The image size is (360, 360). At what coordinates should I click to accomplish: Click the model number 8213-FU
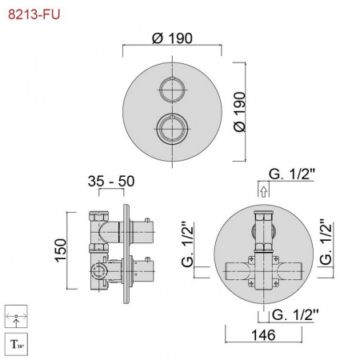(34, 14)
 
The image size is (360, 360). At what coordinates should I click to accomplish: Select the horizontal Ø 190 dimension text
(172, 38)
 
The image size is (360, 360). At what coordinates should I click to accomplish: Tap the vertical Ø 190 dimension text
(239, 112)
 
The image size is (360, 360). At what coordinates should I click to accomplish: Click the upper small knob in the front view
(172, 90)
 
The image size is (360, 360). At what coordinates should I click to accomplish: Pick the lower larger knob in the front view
(172, 129)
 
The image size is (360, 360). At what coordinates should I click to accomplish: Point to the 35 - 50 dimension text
(111, 182)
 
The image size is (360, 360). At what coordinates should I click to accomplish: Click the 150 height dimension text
(61, 250)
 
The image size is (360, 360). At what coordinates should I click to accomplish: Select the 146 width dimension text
(263, 335)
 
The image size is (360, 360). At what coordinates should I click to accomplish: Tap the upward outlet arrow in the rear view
(263, 191)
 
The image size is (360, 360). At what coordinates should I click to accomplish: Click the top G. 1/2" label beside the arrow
(292, 174)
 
